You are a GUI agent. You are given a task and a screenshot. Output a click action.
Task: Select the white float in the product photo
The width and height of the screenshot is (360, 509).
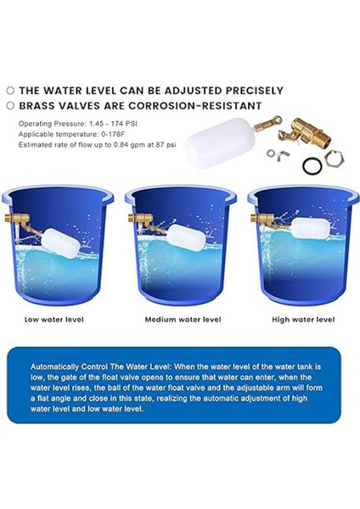[221, 143]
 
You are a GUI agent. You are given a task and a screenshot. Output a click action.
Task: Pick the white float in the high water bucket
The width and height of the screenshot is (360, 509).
[310, 228]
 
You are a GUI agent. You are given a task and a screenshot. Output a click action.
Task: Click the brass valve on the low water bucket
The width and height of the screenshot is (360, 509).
[18, 219]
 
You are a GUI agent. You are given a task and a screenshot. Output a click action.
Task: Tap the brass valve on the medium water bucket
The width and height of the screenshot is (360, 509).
[141, 219]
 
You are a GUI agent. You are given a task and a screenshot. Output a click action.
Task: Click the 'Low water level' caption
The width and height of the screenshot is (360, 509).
[54, 320]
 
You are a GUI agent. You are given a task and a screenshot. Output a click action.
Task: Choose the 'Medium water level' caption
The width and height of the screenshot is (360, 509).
[183, 320]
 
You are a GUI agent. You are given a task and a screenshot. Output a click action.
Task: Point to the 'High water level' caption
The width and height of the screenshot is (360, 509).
[303, 320]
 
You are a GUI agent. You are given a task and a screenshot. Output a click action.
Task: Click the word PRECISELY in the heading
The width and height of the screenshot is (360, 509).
[255, 91]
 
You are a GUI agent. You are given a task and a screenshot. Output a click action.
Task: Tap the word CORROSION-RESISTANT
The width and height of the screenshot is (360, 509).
[195, 106]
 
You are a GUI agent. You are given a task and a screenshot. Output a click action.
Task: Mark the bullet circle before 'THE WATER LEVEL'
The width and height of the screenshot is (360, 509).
[11, 91]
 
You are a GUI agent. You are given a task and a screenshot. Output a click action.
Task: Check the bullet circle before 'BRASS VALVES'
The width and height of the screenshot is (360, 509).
[11, 106]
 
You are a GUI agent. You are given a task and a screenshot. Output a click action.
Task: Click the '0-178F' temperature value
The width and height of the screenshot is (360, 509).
[113, 134]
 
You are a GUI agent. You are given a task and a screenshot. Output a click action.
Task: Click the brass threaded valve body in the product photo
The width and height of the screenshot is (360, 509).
[309, 133]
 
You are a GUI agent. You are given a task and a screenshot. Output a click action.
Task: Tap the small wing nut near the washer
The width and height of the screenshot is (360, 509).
[279, 156]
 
